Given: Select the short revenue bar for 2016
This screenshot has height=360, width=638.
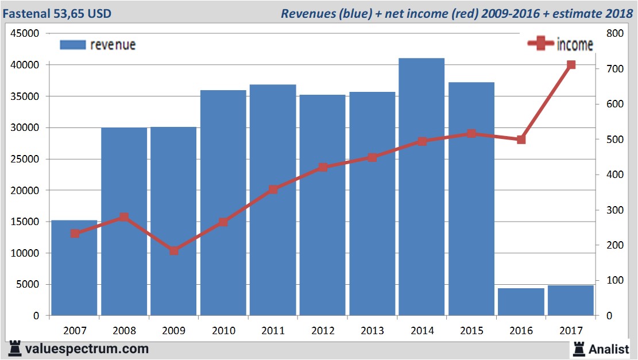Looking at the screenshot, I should (521, 301).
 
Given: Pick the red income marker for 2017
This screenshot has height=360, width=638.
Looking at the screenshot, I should (571, 65).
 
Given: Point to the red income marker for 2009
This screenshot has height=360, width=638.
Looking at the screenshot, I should (174, 250).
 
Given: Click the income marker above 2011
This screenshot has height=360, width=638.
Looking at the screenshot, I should (273, 189).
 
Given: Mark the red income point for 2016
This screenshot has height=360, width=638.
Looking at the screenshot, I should (521, 140).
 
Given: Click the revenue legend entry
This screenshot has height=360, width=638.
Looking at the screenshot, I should (98, 45).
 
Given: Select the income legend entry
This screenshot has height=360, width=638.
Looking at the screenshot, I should (560, 44).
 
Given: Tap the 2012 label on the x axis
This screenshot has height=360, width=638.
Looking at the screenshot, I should (322, 331).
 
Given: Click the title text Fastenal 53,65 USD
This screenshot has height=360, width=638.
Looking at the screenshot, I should (58, 13).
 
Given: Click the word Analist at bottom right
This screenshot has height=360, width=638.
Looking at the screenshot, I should (609, 349).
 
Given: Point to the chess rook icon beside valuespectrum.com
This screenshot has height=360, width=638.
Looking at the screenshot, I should (14, 349).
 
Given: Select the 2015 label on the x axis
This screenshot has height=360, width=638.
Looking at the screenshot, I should (471, 331).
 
